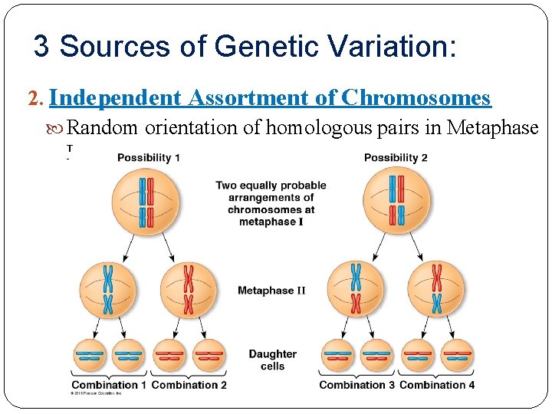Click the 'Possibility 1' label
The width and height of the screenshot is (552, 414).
[x=149, y=158]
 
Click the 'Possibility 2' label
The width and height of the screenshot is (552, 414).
[x=396, y=158]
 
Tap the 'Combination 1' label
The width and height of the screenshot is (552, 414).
[x=109, y=385]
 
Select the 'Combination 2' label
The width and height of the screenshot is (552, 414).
[x=189, y=385]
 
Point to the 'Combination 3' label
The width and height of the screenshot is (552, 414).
[x=356, y=385]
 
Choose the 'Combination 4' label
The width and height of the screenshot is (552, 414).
[x=437, y=385]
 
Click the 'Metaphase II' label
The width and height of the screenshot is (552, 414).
[x=271, y=291]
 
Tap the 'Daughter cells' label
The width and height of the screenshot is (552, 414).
[x=272, y=360]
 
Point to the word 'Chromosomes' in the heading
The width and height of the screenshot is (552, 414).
[x=416, y=98]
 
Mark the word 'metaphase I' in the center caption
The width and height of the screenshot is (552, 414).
[x=271, y=222]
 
